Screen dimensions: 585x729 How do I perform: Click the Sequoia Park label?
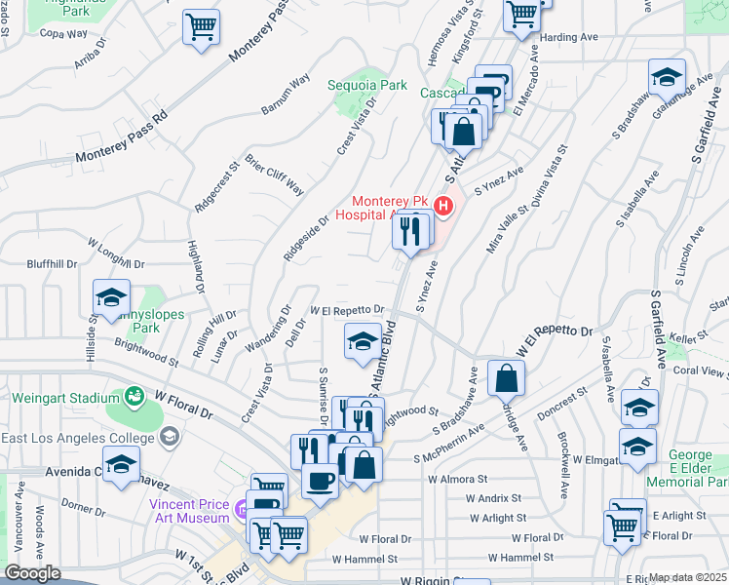(x=367, y=85)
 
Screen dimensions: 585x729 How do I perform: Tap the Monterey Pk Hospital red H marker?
(x=443, y=206)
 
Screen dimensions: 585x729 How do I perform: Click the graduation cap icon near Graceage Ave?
(x=667, y=76)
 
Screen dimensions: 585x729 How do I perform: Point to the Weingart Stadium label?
(x=58, y=397)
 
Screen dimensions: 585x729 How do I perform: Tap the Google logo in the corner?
(x=32, y=573)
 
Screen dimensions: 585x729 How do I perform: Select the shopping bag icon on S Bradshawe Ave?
(x=506, y=377)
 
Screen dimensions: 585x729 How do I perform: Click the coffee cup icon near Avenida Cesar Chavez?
(x=320, y=480)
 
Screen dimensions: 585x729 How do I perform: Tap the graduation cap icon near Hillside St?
(x=112, y=296)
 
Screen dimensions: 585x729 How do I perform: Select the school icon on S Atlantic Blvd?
(x=363, y=341)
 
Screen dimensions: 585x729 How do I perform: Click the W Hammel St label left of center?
(x=364, y=560)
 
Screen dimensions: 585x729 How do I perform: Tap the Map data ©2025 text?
(x=688, y=578)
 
